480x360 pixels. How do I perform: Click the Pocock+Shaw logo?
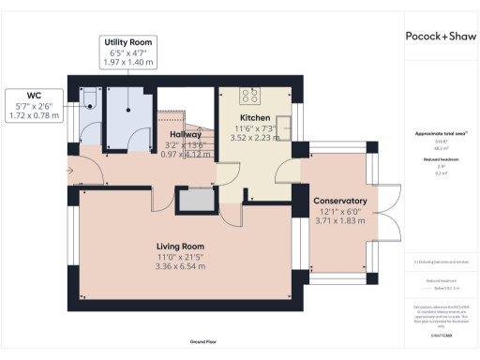[441, 37]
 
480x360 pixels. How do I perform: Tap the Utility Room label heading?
[128, 43]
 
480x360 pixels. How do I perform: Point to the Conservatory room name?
[339, 201]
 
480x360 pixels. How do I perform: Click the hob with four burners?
[251, 96]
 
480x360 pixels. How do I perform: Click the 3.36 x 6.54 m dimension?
[180, 267]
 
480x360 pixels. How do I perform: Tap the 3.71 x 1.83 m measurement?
[339, 221]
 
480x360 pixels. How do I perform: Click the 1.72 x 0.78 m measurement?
[34, 115]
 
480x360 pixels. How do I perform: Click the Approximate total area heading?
[441, 133]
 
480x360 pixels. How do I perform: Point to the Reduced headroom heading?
[441, 159]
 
